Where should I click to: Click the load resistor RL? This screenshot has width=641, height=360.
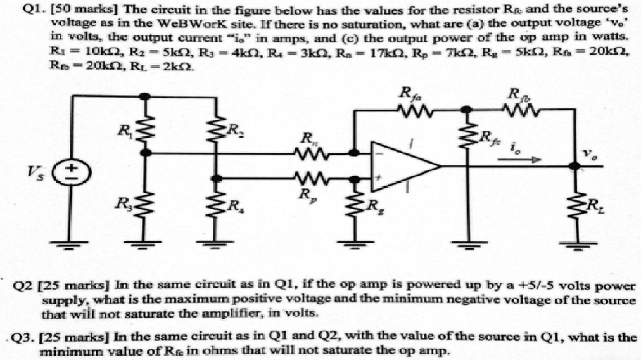[x=575, y=204]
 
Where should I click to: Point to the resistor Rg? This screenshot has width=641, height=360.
[x=355, y=205]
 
